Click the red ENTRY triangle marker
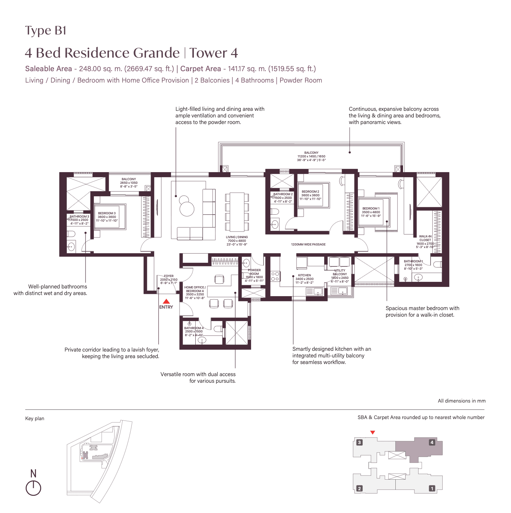tap(166, 301)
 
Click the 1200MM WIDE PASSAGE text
tap(308, 244)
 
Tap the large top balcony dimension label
tap(311, 156)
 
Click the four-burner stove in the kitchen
tap(275, 277)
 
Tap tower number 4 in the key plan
tap(432, 443)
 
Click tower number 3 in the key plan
tap(359, 443)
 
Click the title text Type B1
tap(46, 30)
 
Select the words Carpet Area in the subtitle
tap(200, 69)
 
